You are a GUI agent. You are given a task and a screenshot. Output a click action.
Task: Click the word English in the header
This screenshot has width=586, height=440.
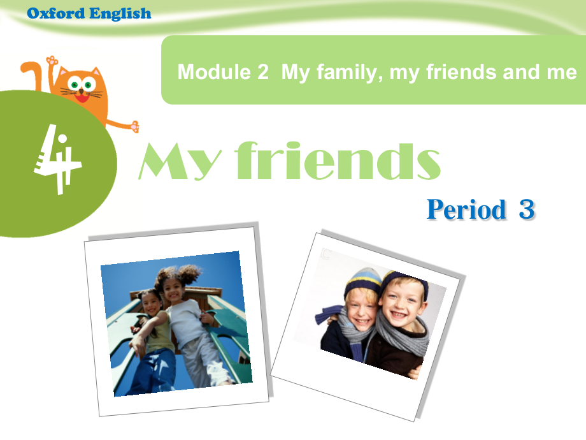pyautogui.click(x=120, y=13)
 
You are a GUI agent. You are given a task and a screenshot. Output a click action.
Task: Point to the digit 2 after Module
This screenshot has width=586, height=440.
pyautogui.click(x=263, y=72)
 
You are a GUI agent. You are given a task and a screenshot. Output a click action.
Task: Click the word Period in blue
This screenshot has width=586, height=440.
pyautogui.click(x=467, y=209)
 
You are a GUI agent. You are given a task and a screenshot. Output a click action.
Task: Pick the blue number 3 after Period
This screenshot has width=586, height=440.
pyautogui.click(x=526, y=209)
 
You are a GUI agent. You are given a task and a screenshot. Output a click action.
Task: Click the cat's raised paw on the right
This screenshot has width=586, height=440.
pyautogui.click(x=134, y=126)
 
